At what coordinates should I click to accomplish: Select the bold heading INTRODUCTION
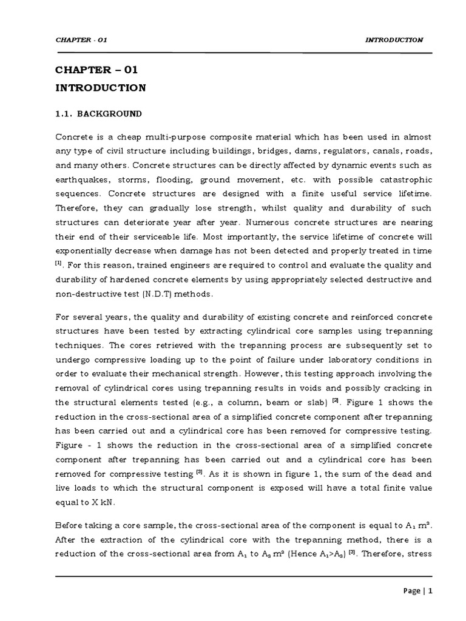point(101,88)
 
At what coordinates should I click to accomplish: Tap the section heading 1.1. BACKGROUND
point(99,113)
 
